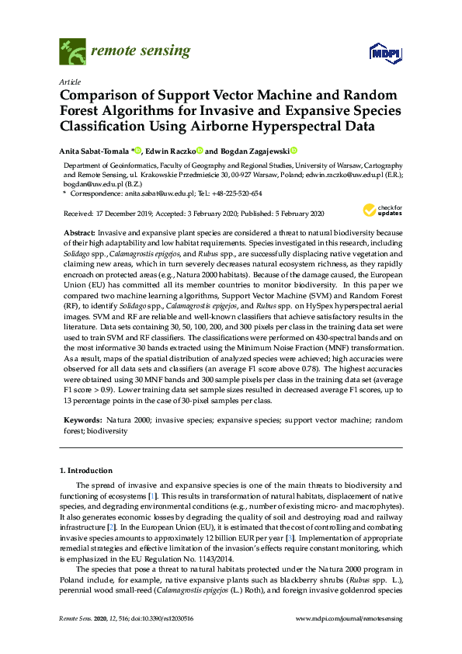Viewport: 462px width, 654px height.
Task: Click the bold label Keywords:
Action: pyautogui.click(x=82, y=420)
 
